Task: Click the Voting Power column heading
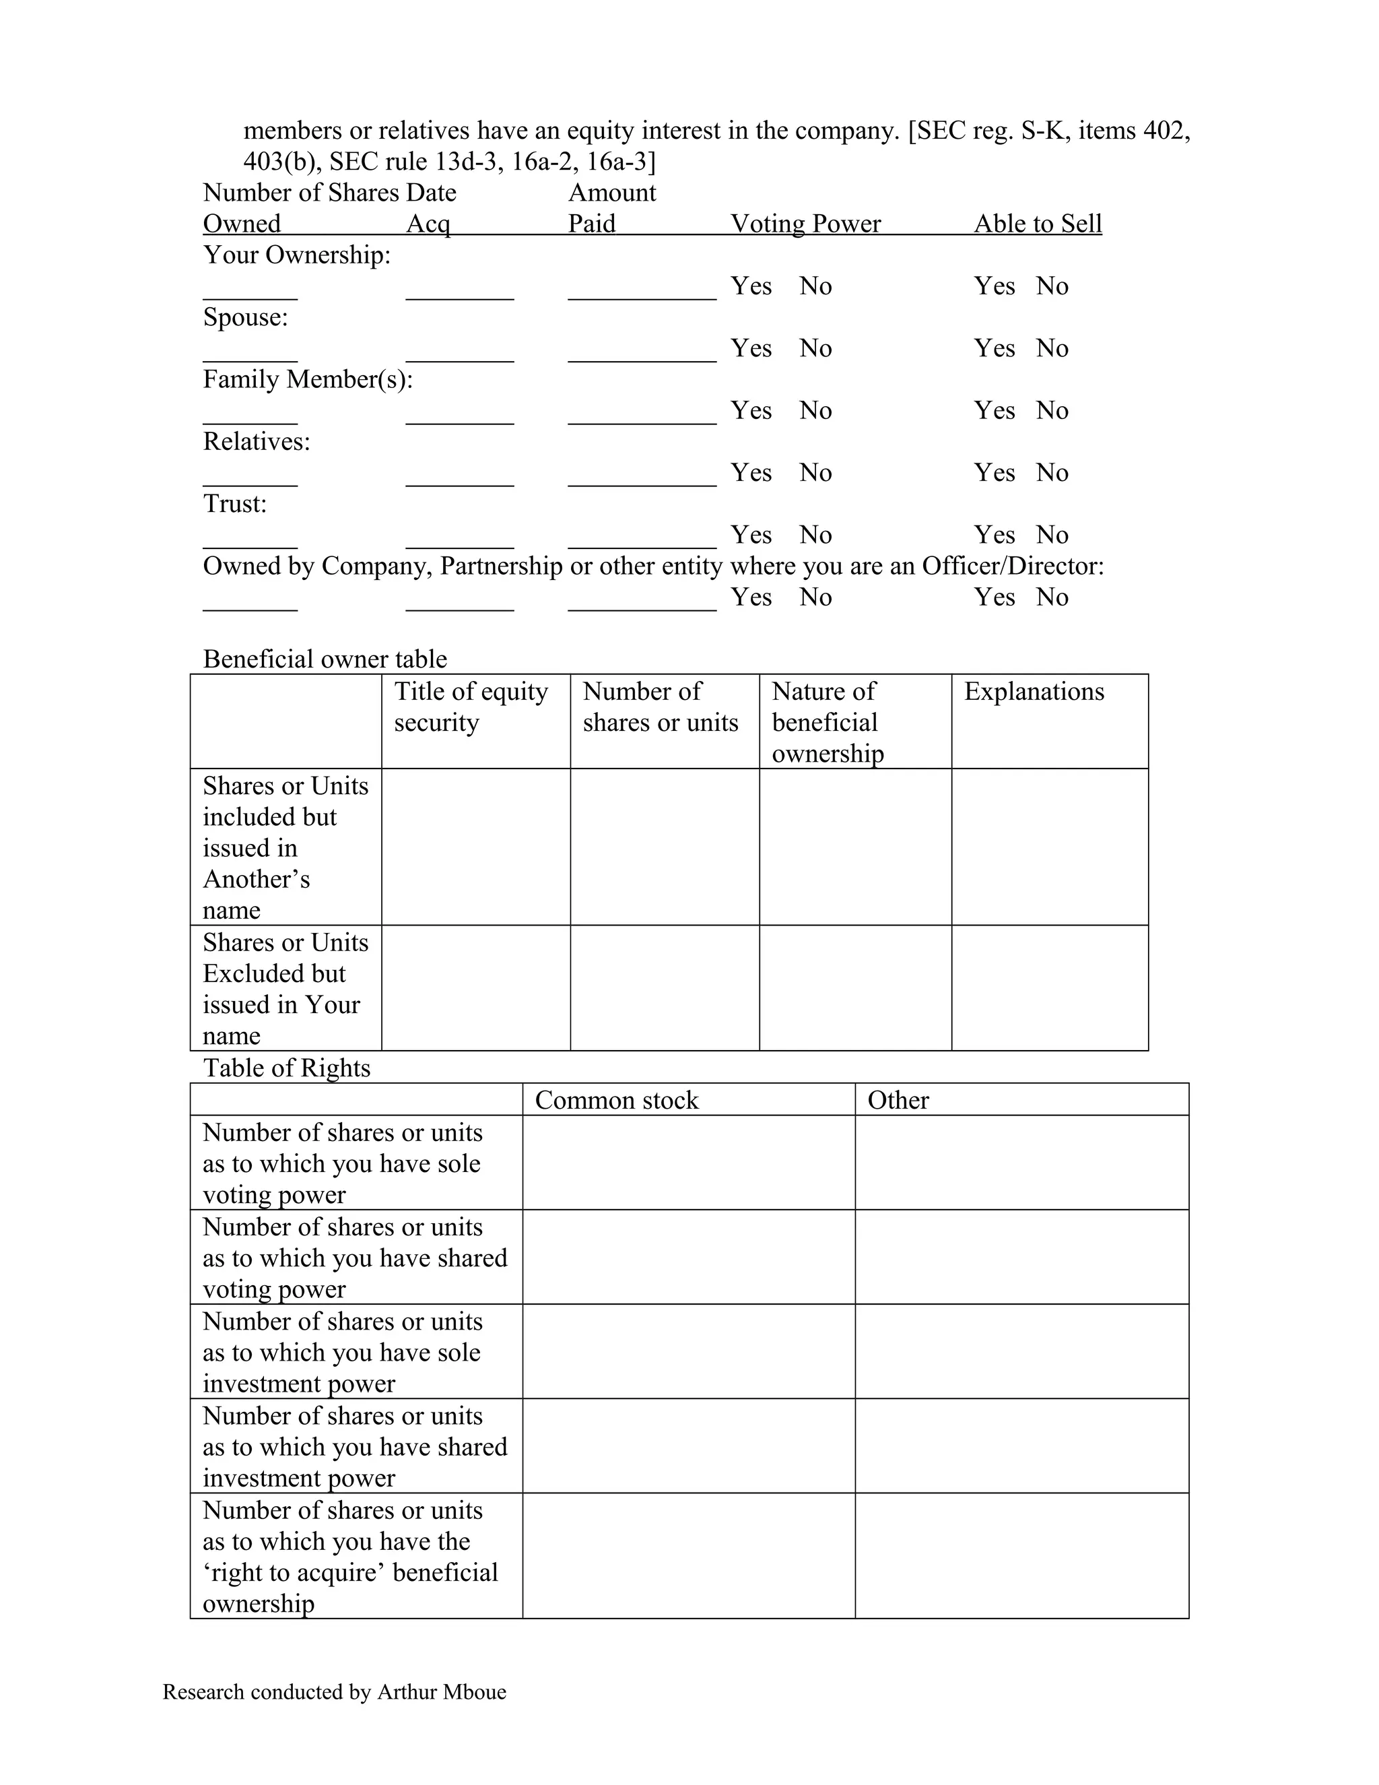click(x=805, y=223)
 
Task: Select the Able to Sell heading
click(x=1037, y=223)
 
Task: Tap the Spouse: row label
click(x=245, y=317)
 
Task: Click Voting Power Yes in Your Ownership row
click(x=751, y=286)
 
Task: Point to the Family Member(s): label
click(x=307, y=379)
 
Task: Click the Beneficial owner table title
click(x=325, y=659)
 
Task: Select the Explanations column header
click(x=1034, y=692)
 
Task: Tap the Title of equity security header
click(x=471, y=707)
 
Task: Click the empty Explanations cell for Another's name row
click(x=1049, y=847)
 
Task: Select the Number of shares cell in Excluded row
click(x=664, y=987)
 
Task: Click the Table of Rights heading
click(x=286, y=1068)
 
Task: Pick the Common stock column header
click(x=616, y=1100)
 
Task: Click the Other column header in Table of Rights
click(x=898, y=1100)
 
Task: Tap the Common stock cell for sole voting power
click(x=688, y=1162)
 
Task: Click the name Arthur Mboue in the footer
click(x=441, y=1692)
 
